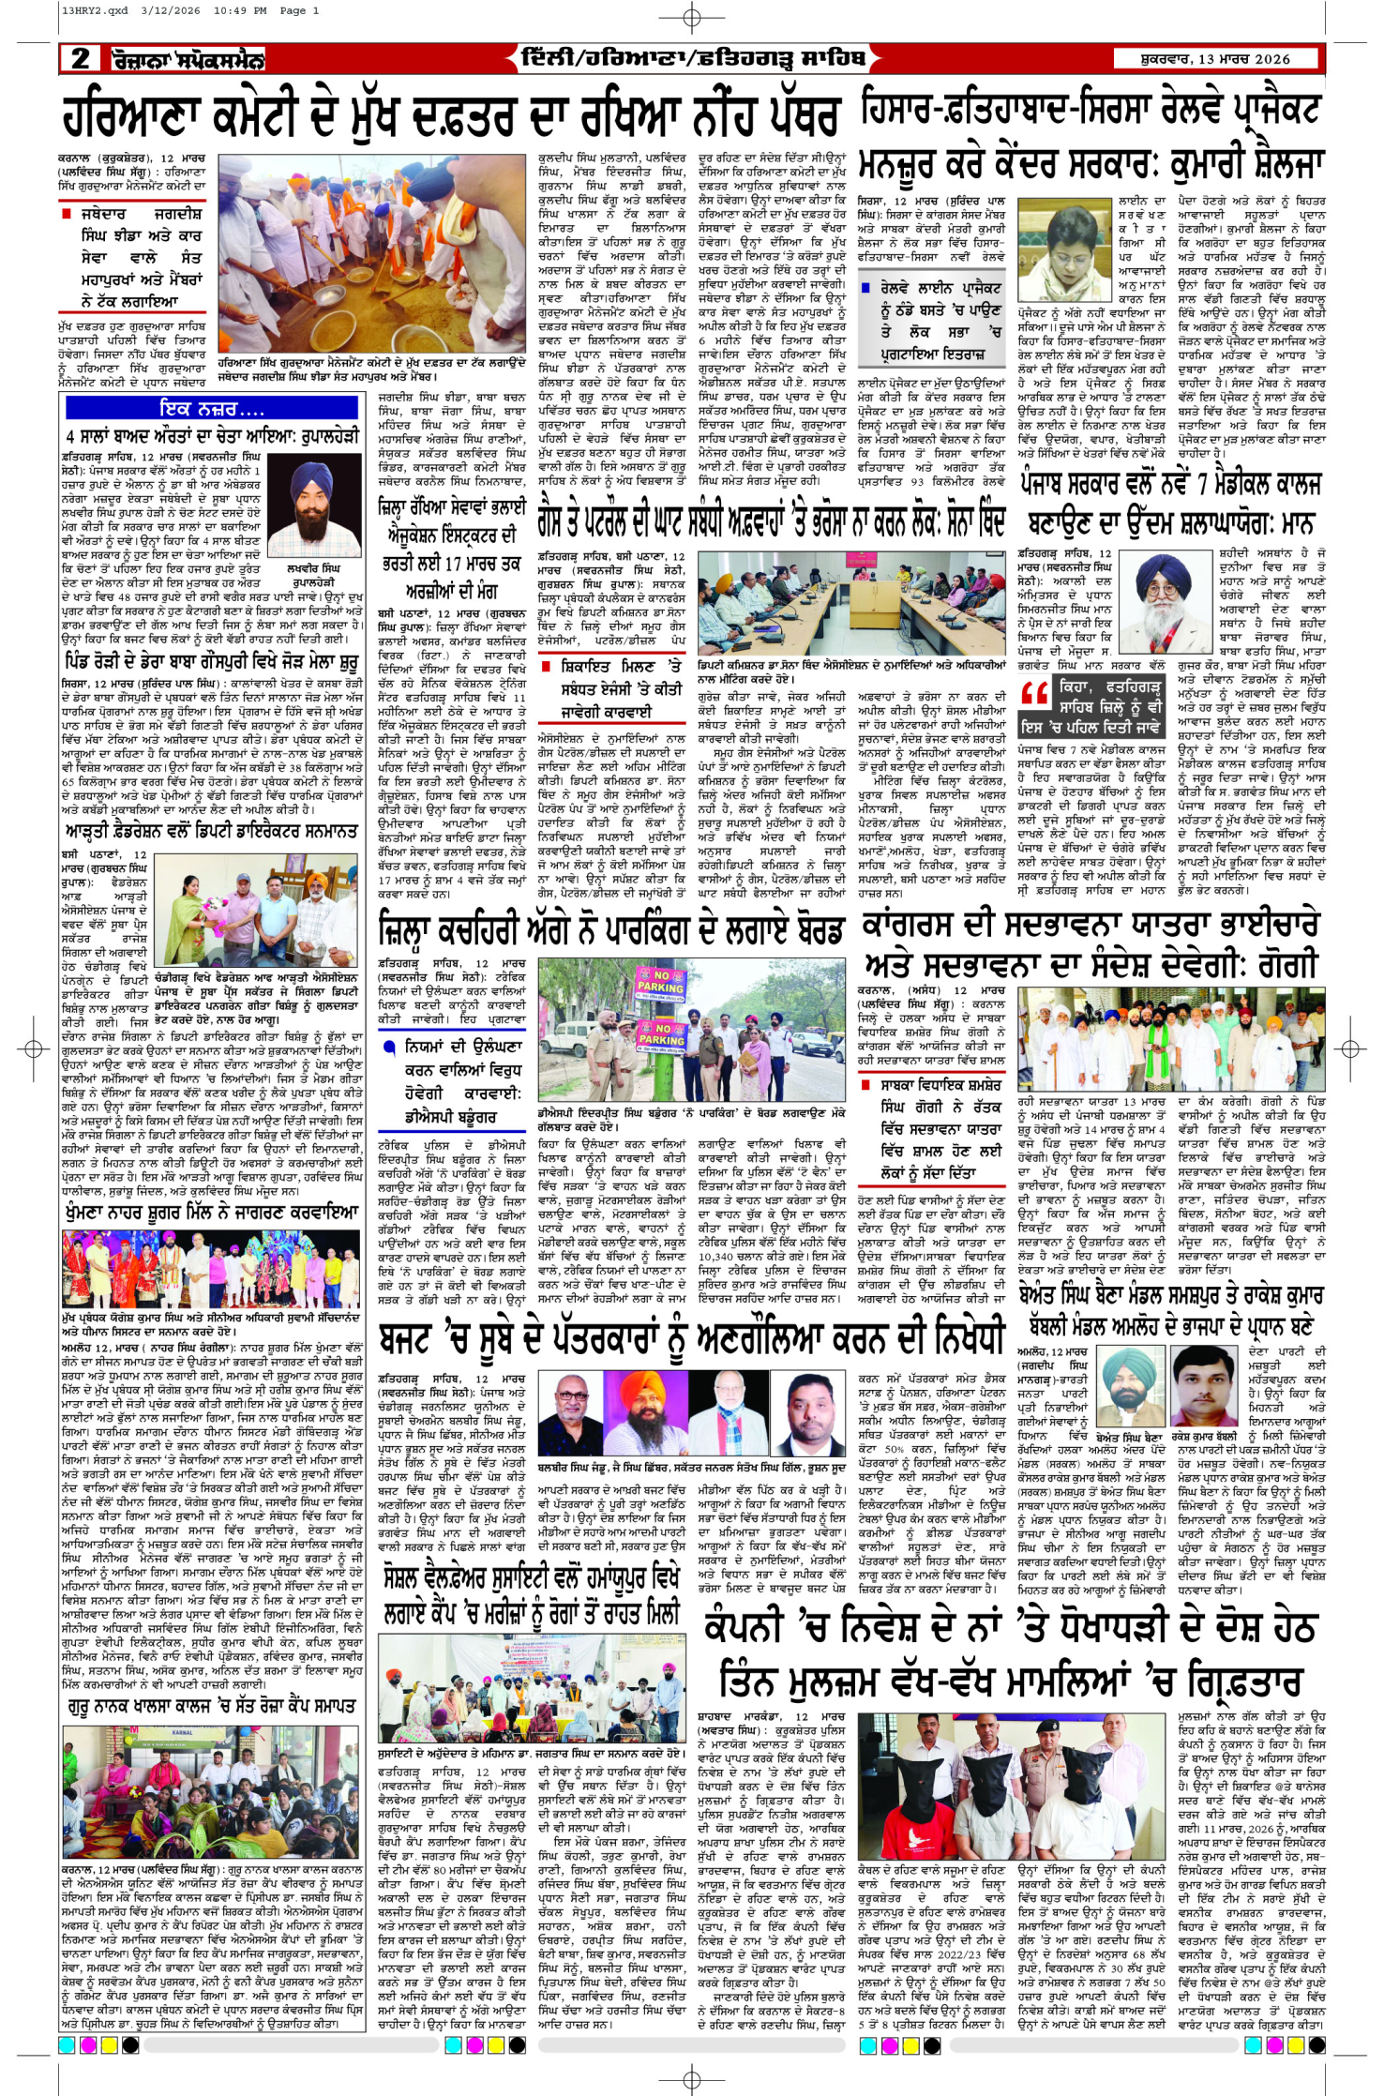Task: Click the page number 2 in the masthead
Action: click(x=82, y=58)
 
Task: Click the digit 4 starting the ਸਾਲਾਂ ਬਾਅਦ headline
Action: click(x=71, y=436)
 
